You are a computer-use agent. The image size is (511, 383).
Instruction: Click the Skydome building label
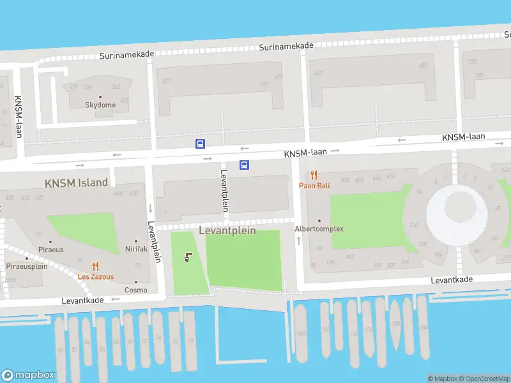click(x=100, y=105)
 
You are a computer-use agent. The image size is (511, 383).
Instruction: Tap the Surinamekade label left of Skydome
click(x=126, y=55)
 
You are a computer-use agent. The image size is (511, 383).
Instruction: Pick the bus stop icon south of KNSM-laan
click(x=244, y=165)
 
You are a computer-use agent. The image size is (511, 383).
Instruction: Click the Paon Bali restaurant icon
click(x=314, y=175)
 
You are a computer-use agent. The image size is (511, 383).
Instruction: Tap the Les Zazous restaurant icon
click(x=95, y=267)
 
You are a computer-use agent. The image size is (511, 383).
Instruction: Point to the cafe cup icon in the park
click(x=188, y=257)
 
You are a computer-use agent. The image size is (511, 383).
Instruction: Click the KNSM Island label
click(x=76, y=183)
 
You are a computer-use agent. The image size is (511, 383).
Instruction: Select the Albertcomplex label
click(x=319, y=229)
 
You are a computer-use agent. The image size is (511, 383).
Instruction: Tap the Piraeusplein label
click(x=27, y=266)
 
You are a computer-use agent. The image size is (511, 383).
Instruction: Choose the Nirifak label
click(x=136, y=249)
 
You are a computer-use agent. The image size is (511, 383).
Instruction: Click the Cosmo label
click(x=135, y=290)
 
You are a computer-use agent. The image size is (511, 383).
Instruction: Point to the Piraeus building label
click(x=50, y=250)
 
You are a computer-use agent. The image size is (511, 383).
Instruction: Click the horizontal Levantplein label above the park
click(x=227, y=230)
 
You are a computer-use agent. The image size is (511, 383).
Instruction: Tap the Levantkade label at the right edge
click(x=452, y=280)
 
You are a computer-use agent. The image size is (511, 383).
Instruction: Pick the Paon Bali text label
click(x=314, y=186)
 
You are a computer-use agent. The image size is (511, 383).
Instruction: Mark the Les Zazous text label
click(x=96, y=277)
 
